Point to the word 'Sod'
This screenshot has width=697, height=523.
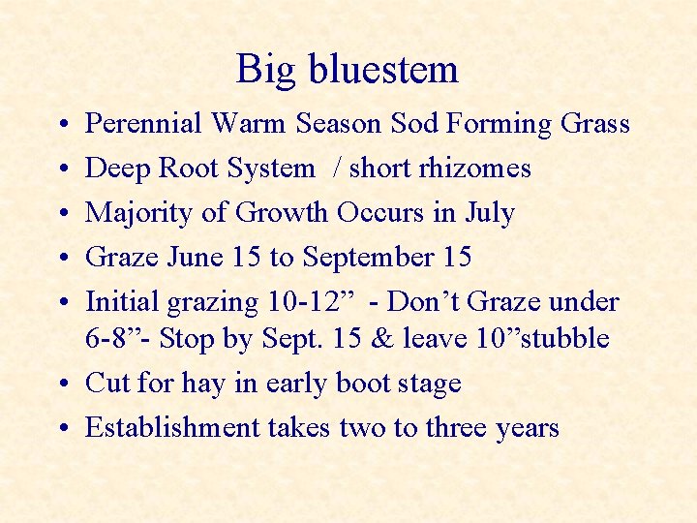tap(413, 124)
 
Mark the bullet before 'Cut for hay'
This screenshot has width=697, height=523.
tap(61, 384)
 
